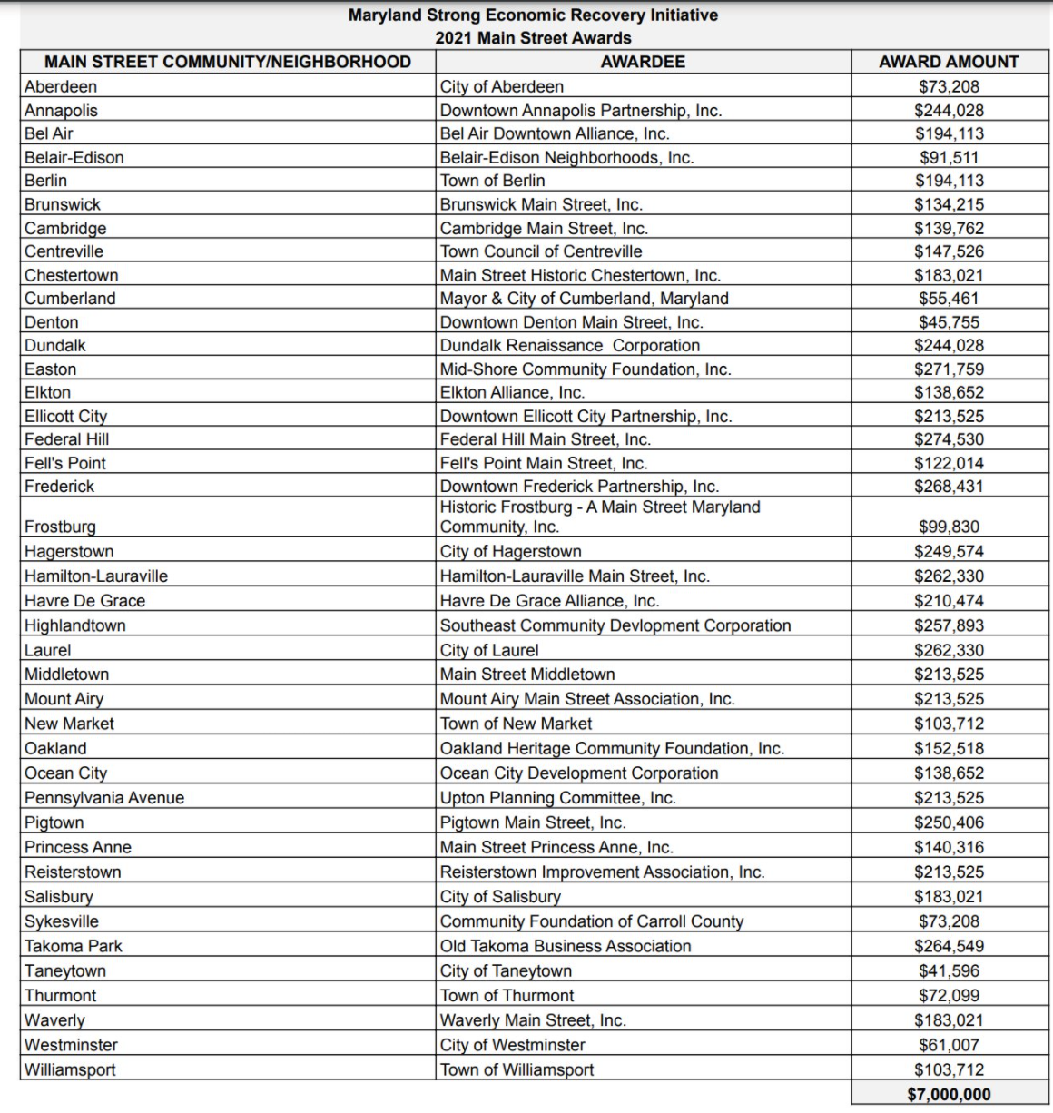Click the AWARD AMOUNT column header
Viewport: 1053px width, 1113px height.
click(949, 62)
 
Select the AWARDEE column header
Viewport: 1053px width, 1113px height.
click(643, 62)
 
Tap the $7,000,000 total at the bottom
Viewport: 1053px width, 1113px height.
click(949, 1094)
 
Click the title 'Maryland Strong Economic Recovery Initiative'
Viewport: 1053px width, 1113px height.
click(533, 15)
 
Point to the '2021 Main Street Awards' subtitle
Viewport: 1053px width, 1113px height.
click(533, 38)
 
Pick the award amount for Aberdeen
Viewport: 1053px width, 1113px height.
click(949, 87)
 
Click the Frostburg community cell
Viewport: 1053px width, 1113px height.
click(60, 527)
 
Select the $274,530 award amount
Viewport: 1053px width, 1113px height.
click(949, 439)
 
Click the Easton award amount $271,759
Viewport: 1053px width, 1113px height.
click(949, 369)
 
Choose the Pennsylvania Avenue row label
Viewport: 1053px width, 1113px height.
click(104, 798)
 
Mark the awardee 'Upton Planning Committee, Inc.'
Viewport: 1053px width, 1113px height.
click(558, 798)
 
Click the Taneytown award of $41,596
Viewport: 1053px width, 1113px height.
click(949, 970)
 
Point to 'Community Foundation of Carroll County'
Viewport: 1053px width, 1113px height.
click(592, 921)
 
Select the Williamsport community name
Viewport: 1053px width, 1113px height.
click(70, 1069)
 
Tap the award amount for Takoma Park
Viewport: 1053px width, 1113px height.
click(949, 946)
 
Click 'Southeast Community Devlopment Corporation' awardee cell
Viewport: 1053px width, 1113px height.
click(615, 625)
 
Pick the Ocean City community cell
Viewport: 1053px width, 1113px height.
click(65, 773)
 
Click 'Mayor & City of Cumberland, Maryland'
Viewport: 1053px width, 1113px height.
click(585, 299)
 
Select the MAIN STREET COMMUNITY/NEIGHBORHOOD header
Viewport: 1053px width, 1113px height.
click(228, 62)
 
